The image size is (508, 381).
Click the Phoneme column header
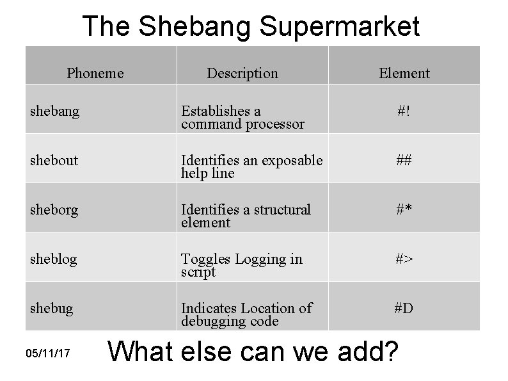click(95, 73)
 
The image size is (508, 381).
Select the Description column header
click(242, 73)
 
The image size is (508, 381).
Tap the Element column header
click(404, 73)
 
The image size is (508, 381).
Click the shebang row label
click(54, 111)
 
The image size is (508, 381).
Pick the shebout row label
click(54, 160)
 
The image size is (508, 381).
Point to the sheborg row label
click(54, 209)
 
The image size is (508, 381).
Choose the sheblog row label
click(53, 259)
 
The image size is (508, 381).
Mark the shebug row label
click(51, 308)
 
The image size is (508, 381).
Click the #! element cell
click(404, 111)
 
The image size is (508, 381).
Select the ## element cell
click(404, 160)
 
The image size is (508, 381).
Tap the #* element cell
click(404, 209)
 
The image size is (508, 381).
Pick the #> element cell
click(404, 259)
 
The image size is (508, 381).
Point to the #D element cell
click(404, 308)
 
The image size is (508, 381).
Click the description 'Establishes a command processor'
click(242, 118)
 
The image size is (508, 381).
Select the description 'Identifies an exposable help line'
click(251, 166)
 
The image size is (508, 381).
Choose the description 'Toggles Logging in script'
click(241, 265)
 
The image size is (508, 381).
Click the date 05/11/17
click(48, 353)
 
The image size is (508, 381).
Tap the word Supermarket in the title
click(340, 27)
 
